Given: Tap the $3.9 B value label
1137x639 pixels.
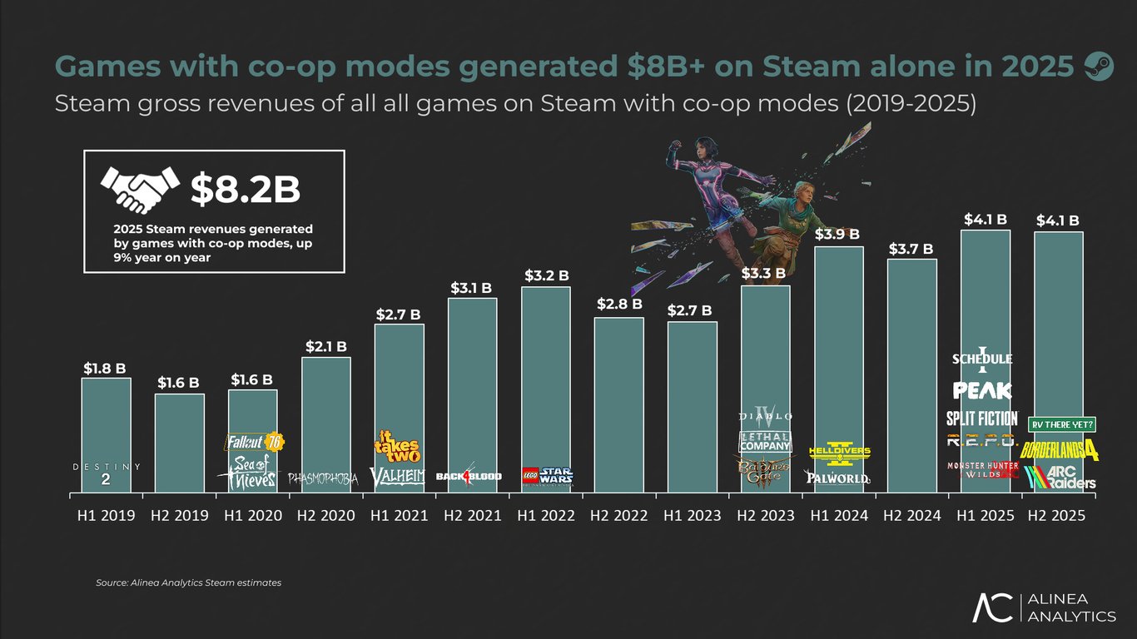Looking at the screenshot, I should [x=838, y=234].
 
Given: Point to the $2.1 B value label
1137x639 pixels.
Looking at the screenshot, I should [x=325, y=345].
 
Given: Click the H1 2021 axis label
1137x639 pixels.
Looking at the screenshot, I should [x=399, y=516].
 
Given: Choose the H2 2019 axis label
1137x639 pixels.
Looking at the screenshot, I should [x=179, y=516].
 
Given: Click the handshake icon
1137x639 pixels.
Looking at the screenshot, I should [x=140, y=189].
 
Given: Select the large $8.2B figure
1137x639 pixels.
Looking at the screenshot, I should [x=245, y=190].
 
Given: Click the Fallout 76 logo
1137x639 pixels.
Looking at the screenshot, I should [x=253, y=442].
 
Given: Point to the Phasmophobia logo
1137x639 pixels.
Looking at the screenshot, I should [x=323, y=478].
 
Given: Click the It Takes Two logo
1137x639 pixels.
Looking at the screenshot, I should [x=396, y=447].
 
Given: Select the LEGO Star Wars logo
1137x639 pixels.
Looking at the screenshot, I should [x=546, y=476].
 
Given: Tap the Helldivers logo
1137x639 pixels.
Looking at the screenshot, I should [x=839, y=452].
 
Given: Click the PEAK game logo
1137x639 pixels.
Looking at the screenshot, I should [x=982, y=390].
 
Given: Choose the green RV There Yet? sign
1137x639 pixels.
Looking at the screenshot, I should [x=1063, y=424].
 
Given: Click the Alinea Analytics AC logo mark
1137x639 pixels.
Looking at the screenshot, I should [x=994, y=608].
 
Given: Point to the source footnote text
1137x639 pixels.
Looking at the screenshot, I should [x=188, y=583].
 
